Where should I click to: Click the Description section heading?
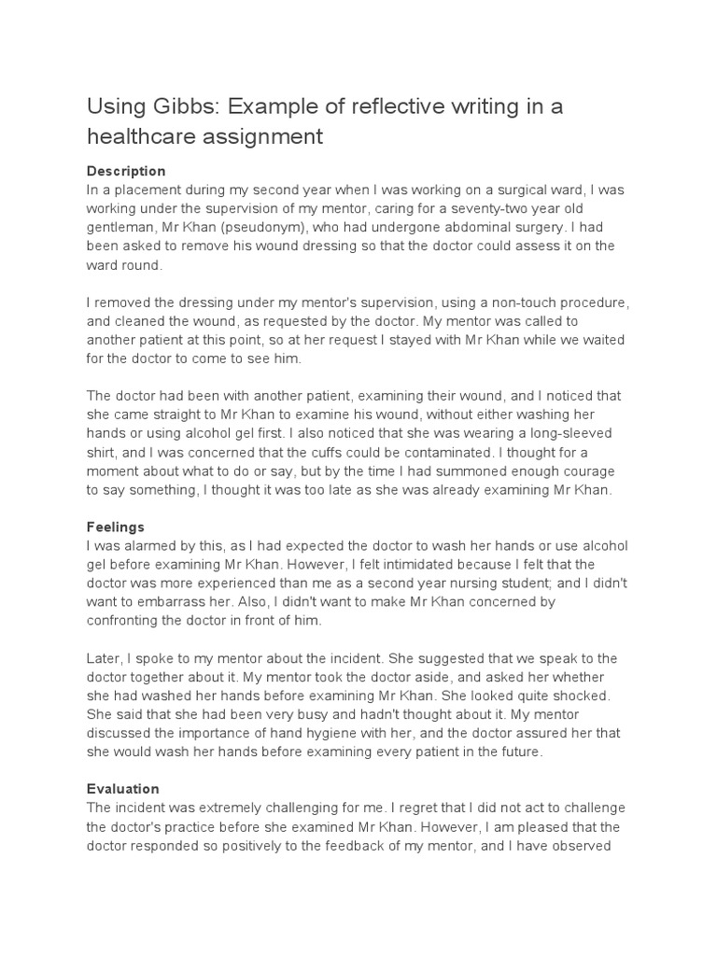(x=126, y=172)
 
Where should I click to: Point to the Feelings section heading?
(x=116, y=527)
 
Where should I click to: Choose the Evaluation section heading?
(x=123, y=788)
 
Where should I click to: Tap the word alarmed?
(x=150, y=545)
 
